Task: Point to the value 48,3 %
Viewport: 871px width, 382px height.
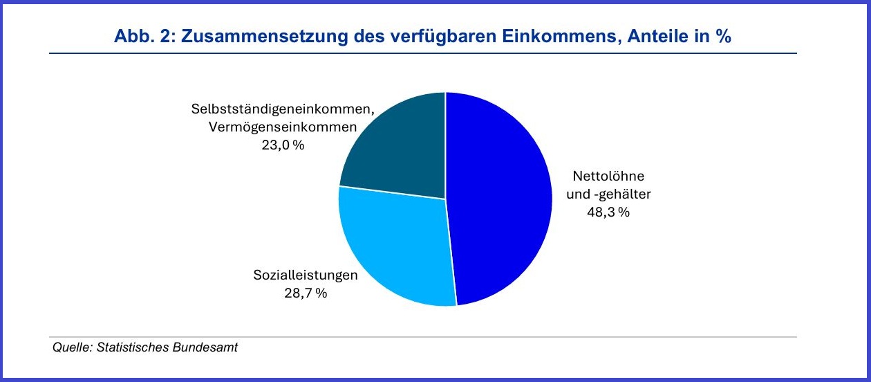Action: click(608, 212)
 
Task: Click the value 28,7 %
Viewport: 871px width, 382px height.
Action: click(306, 293)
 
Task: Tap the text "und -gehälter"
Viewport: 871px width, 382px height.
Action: click(608, 194)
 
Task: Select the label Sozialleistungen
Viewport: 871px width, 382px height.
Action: click(306, 275)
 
